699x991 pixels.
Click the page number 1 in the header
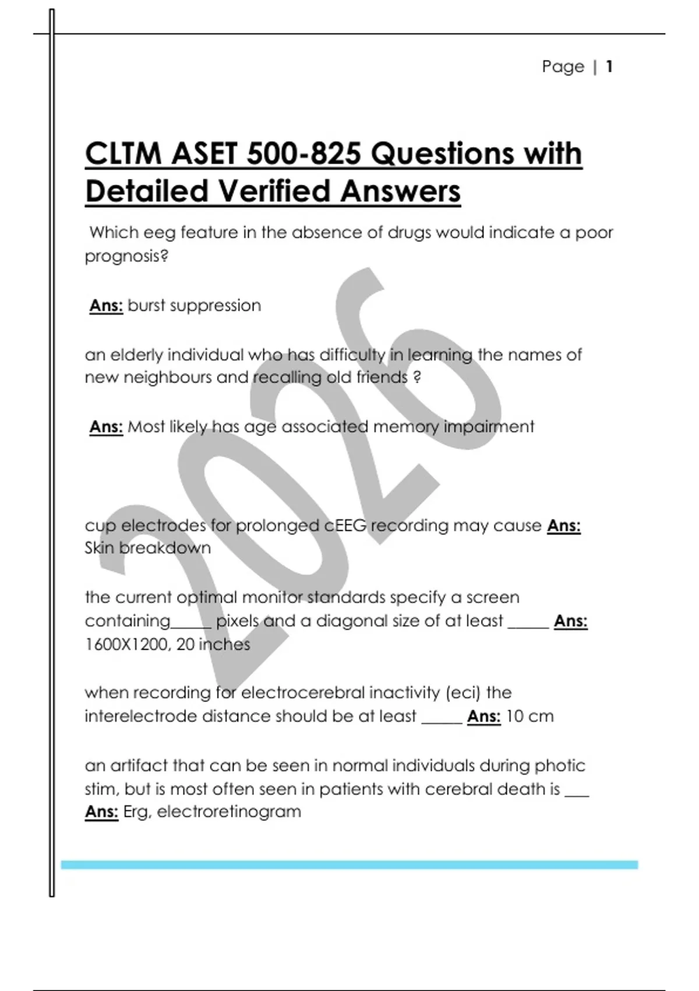point(609,66)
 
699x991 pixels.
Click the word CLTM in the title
point(123,154)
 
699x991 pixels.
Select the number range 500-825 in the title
point(304,154)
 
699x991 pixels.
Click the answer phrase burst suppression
point(194,305)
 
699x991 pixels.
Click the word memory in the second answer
point(405,427)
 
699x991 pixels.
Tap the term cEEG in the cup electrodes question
point(345,526)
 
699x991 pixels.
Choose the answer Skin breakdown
point(147,549)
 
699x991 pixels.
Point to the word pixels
point(237,621)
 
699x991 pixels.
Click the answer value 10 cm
point(529,716)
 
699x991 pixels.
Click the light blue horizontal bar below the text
point(349,865)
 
